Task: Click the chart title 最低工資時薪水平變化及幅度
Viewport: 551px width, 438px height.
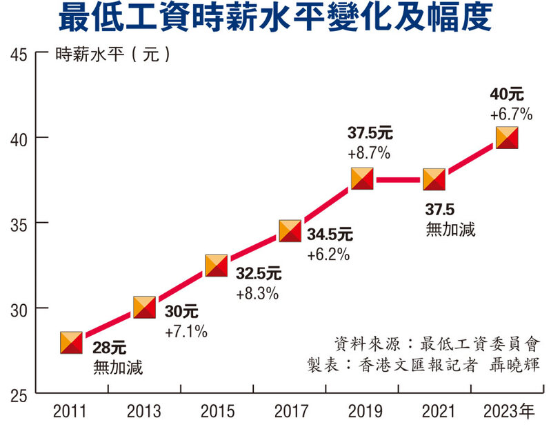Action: [x=275, y=19]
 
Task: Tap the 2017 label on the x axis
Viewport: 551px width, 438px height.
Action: [x=290, y=413]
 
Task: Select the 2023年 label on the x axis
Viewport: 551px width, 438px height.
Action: [x=508, y=413]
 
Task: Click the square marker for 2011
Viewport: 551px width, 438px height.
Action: [x=71, y=342]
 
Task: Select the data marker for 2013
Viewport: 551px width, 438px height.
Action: [x=144, y=308]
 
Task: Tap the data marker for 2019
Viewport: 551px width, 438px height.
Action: [x=363, y=179]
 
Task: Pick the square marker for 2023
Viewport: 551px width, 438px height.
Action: [x=508, y=138]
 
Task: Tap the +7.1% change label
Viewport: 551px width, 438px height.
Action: [x=186, y=332]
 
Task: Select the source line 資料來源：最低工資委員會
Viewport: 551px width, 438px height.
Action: [x=436, y=344]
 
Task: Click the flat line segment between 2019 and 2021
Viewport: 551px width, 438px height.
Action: [x=399, y=180]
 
